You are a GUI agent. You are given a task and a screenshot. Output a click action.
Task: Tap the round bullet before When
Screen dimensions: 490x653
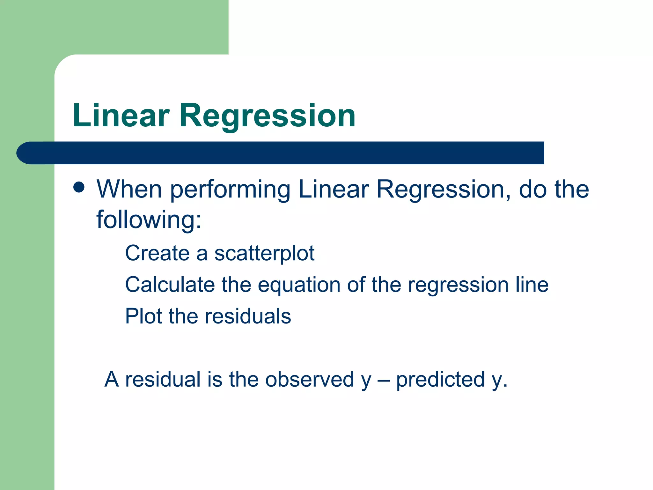(x=79, y=188)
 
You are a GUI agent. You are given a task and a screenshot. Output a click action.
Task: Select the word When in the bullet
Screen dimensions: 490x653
(x=129, y=189)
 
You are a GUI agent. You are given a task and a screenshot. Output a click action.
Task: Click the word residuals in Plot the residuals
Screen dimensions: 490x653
(x=248, y=316)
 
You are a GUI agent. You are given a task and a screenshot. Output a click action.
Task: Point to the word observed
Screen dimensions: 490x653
(x=310, y=379)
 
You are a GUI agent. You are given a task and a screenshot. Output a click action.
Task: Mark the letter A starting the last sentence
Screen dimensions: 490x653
(x=112, y=379)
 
